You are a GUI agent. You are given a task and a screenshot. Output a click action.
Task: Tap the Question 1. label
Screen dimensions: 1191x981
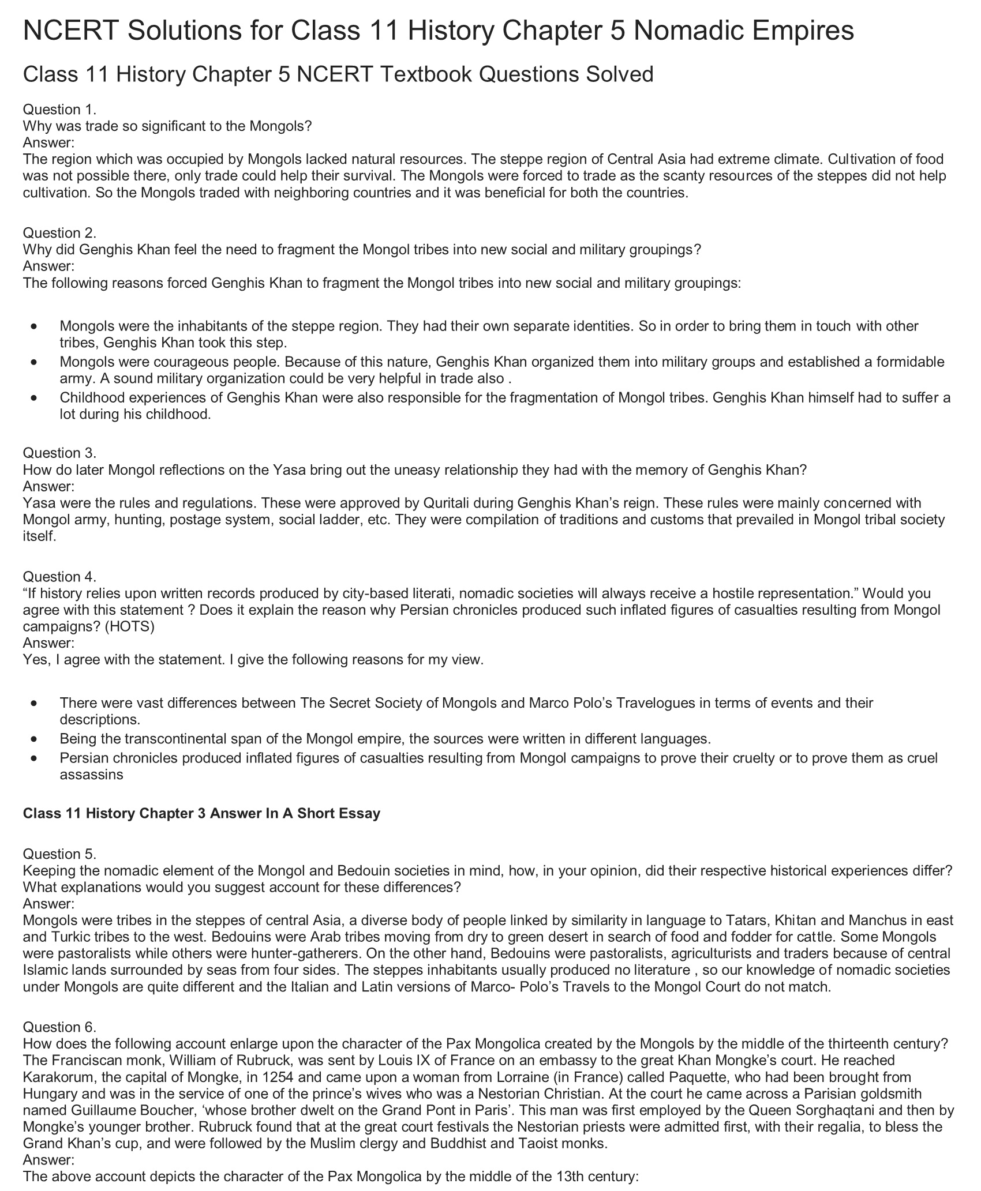tap(59, 110)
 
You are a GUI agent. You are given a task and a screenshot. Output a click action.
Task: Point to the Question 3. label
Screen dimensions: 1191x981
tap(59, 453)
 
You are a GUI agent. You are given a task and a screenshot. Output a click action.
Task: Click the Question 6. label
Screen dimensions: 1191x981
tap(59, 1027)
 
